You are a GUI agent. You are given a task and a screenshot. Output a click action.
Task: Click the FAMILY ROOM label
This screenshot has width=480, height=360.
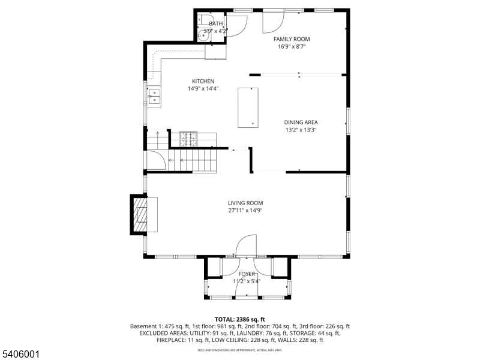click(x=292, y=39)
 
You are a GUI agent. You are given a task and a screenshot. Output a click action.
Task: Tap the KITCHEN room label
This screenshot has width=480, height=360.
click(x=203, y=82)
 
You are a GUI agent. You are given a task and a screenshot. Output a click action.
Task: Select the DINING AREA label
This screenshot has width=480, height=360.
click(x=301, y=122)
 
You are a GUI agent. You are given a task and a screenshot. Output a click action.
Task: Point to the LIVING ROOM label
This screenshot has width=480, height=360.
click(x=245, y=203)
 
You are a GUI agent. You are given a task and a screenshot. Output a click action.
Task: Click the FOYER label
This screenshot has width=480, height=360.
click(x=247, y=274)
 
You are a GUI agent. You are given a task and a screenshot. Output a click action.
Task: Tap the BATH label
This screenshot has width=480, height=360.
click(x=215, y=23)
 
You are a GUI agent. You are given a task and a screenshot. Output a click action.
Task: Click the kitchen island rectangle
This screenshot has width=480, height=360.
click(x=247, y=107)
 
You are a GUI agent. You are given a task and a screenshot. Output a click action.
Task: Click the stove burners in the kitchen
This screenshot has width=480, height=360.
click(x=188, y=139)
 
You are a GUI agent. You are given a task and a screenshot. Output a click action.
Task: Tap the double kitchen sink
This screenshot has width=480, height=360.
click(x=154, y=97)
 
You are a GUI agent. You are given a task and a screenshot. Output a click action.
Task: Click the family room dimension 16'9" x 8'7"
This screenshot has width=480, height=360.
click(x=292, y=46)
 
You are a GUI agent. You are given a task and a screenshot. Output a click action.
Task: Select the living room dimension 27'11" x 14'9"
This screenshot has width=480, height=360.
click(x=245, y=210)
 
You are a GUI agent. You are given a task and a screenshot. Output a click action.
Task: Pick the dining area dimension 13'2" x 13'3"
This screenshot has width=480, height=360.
click(x=300, y=130)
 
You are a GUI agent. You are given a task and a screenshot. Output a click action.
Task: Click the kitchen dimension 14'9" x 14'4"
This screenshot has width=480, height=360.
click(x=203, y=89)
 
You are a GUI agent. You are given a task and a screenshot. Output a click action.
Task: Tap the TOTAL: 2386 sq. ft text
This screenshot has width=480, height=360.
click(x=240, y=319)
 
